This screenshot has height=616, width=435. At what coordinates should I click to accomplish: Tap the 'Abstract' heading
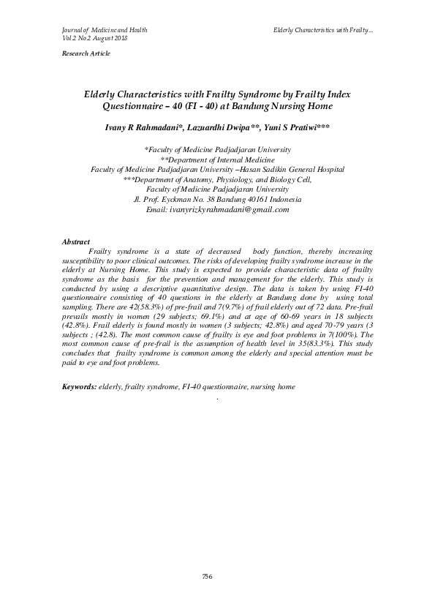[76, 241]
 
